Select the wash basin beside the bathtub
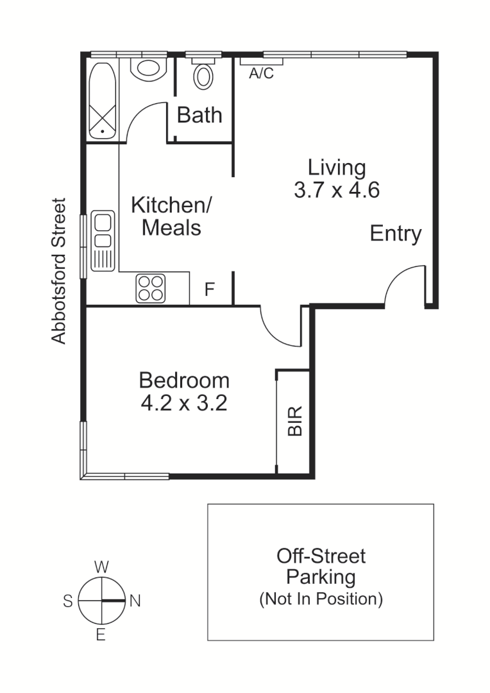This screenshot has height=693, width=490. tap(149, 68)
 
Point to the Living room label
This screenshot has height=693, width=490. tap(337, 167)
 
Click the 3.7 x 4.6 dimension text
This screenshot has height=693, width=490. tap(337, 191)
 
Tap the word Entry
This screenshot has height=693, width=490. tap(396, 234)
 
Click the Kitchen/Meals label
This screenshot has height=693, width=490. tap(171, 216)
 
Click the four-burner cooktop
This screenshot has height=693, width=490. tap(151, 287)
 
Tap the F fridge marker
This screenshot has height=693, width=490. tap(210, 290)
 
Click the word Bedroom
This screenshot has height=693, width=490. tap(184, 381)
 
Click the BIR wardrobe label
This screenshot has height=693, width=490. tap(294, 421)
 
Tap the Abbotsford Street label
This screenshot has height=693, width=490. tap(59, 271)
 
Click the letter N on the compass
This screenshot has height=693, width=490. tap(135, 601)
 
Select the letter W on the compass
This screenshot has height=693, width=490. tap(101, 567)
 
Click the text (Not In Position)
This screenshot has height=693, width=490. tap(321, 599)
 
